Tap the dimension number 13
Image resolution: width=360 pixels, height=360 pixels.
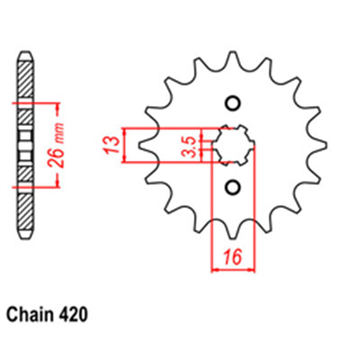click(x=113, y=145)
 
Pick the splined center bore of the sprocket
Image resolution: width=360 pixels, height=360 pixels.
click(x=233, y=145)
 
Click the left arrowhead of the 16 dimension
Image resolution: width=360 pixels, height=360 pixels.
click(x=215, y=269)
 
